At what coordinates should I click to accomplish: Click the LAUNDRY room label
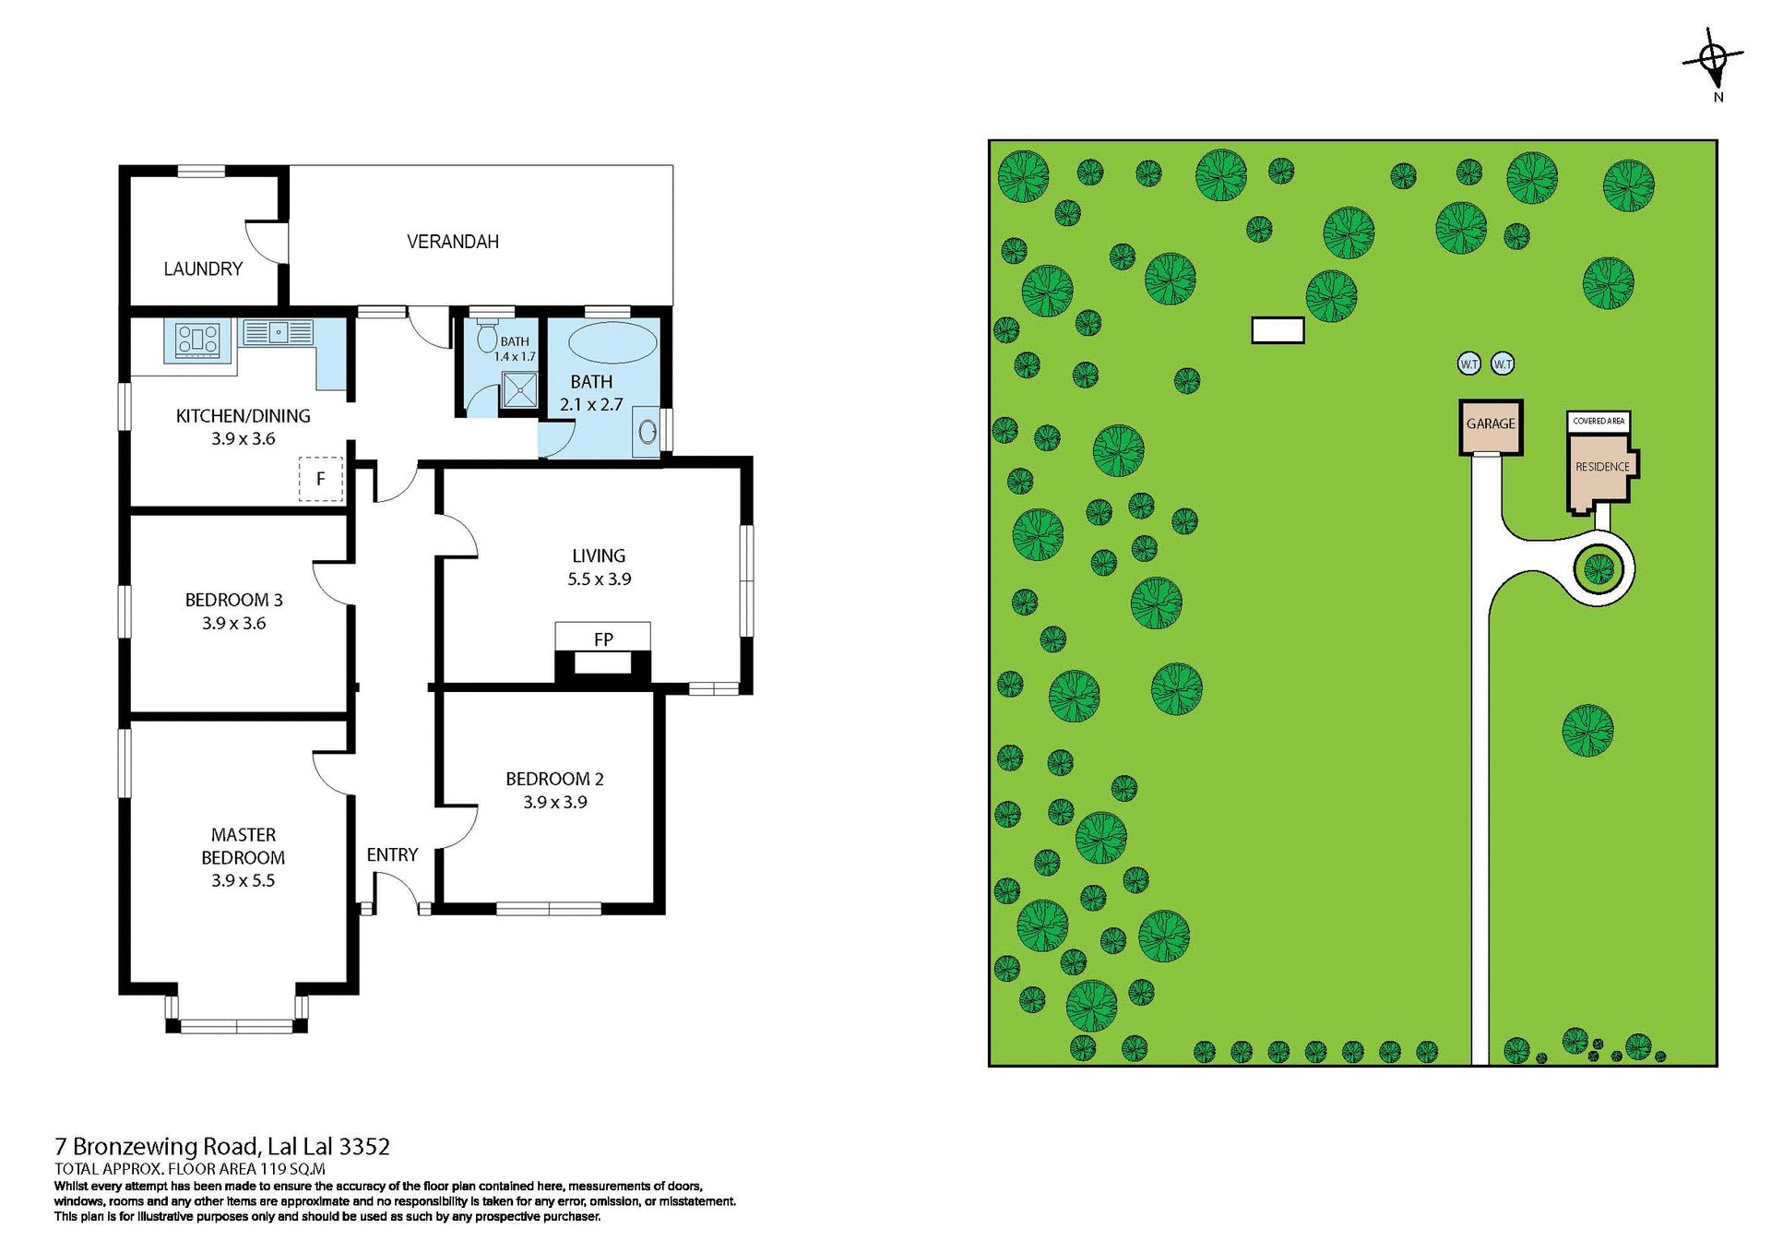pyautogui.click(x=203, y=268)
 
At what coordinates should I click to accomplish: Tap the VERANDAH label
pyautogui.click(x=453, y=242)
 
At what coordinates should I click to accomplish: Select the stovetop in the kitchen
pyautogui.click(x=198, y=340)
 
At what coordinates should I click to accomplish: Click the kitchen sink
pyautogui.click(x=278, y=331)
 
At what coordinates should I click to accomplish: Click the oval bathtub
pyautogui.click(x=612, y=342)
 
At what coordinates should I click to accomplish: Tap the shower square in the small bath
pyautogui.click(x=519, y=389)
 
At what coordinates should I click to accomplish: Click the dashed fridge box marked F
pyautogui.click(x=320, y=479)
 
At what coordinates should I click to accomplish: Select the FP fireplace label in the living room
pyautogui.click(x=603, y=638)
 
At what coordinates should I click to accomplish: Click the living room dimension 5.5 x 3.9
pyautogui.click(x=600, y=579)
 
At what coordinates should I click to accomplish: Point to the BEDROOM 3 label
pyautogui.click(x=234, y=600)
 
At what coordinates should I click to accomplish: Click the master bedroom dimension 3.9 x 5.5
pyautogui.click(x=244, y=880)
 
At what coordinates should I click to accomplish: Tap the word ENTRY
pyautogui.click(x=392, y=854)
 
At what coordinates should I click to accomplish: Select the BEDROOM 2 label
pyautogui.click(x=554, y=779)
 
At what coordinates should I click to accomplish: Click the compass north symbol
pyautogui.click(x=1713, y=59)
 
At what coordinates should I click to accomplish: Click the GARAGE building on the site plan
pyautogui.click(x=1491, y=427)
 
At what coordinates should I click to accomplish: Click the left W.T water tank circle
pyautogui.click(x=1469, y=364)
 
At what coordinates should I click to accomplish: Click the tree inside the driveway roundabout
pyautogui.click(x=1599, y=569)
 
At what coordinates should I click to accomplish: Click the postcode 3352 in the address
pyautogui.click(x=364, y=1146)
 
